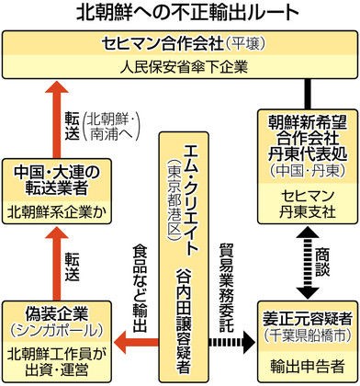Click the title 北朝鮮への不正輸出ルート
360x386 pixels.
click(179, 13)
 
